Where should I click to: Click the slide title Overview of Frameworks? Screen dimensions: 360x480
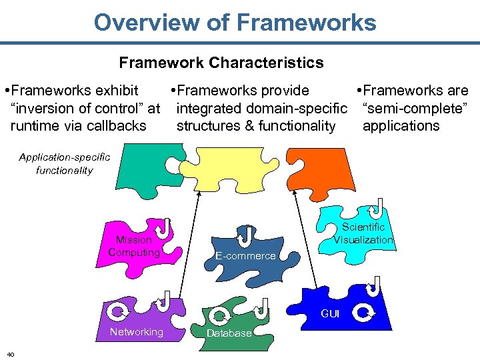pyautogui.click(x=235, y=23)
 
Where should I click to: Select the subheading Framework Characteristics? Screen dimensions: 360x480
pyautogui.click(x=221, y=63)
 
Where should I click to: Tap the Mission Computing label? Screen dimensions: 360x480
pyautogui.click(x=134, y=246)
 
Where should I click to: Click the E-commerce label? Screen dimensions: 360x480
pyautogui.click(x=245, y=256)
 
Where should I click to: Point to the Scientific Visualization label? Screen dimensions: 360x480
pyautogui.click(x=363, y=233)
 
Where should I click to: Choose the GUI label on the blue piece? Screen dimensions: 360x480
pyautogui.click(x=330, y=313)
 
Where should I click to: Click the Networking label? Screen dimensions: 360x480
pyautogui.click(x=136, y=332)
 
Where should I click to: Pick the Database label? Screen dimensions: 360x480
pyautogui.click(x=229, y=333)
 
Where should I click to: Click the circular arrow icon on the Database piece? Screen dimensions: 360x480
pyautogui.click(x=219, y=315)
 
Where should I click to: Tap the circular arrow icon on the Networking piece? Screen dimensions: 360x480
pyautogui.click(x=119, y=311)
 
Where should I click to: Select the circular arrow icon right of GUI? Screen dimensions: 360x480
pyautogui.click(x=364, y=312)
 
